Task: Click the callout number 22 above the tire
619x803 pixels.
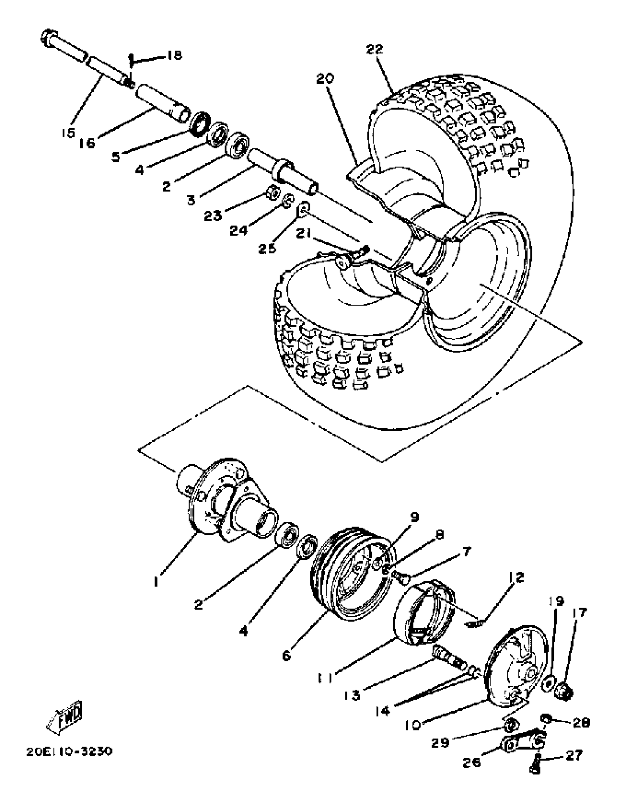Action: pyautogui.click(x=375, y=49)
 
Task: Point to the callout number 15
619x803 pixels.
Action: pyautogui.click(x=68, y=133)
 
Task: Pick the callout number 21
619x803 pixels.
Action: pyautogui.click(x=304, y=233)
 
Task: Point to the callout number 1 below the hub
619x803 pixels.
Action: pyautogui.click(x=156, y=581)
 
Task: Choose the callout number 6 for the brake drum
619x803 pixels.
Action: pyautogui.click(x=287, y=655)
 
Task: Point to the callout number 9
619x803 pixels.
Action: pyautogui.click(x=414, y=517)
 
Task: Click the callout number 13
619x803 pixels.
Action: pyautogui.click(x=352, y=695)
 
